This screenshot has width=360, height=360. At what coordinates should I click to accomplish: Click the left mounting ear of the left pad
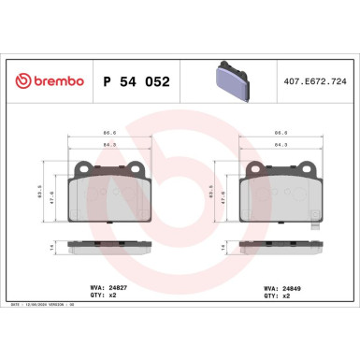click(82, 171)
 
